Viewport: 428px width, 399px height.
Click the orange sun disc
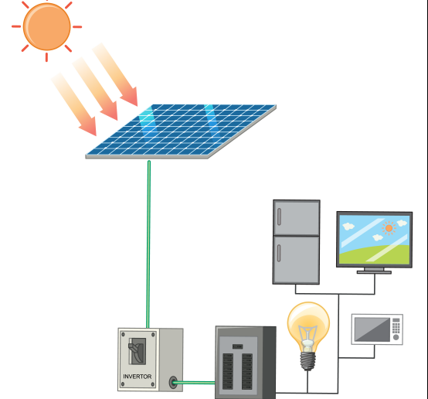(x=46, y=27)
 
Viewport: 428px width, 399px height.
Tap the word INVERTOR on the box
(x=138, y=377)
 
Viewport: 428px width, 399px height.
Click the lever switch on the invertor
(x=137, y=351)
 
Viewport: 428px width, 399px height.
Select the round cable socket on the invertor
(x=173, y=382)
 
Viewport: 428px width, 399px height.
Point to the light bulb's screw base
(x=308, y=361)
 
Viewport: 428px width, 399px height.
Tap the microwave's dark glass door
(x=372, y=329)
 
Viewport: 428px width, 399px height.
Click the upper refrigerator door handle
(x=279, y=217)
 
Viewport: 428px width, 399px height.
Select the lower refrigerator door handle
(x=279, y=253)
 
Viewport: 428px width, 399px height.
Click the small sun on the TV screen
(x=389, y=228)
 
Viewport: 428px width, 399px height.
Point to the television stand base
(x=374, y=272)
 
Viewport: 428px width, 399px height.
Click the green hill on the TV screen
(x=375, y=255)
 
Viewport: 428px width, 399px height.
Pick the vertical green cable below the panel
(x=148, y=244)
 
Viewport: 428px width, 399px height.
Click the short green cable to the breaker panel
(x=195, y=382)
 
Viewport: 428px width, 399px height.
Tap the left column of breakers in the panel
(x=228, y=371)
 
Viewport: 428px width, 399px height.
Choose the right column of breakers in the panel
(x=247, y=371)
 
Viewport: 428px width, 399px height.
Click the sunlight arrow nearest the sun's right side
(x=115, y=74)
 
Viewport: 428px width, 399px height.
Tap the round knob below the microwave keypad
(x=396, y=337)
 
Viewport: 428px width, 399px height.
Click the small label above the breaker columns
(x=237, y=346)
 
